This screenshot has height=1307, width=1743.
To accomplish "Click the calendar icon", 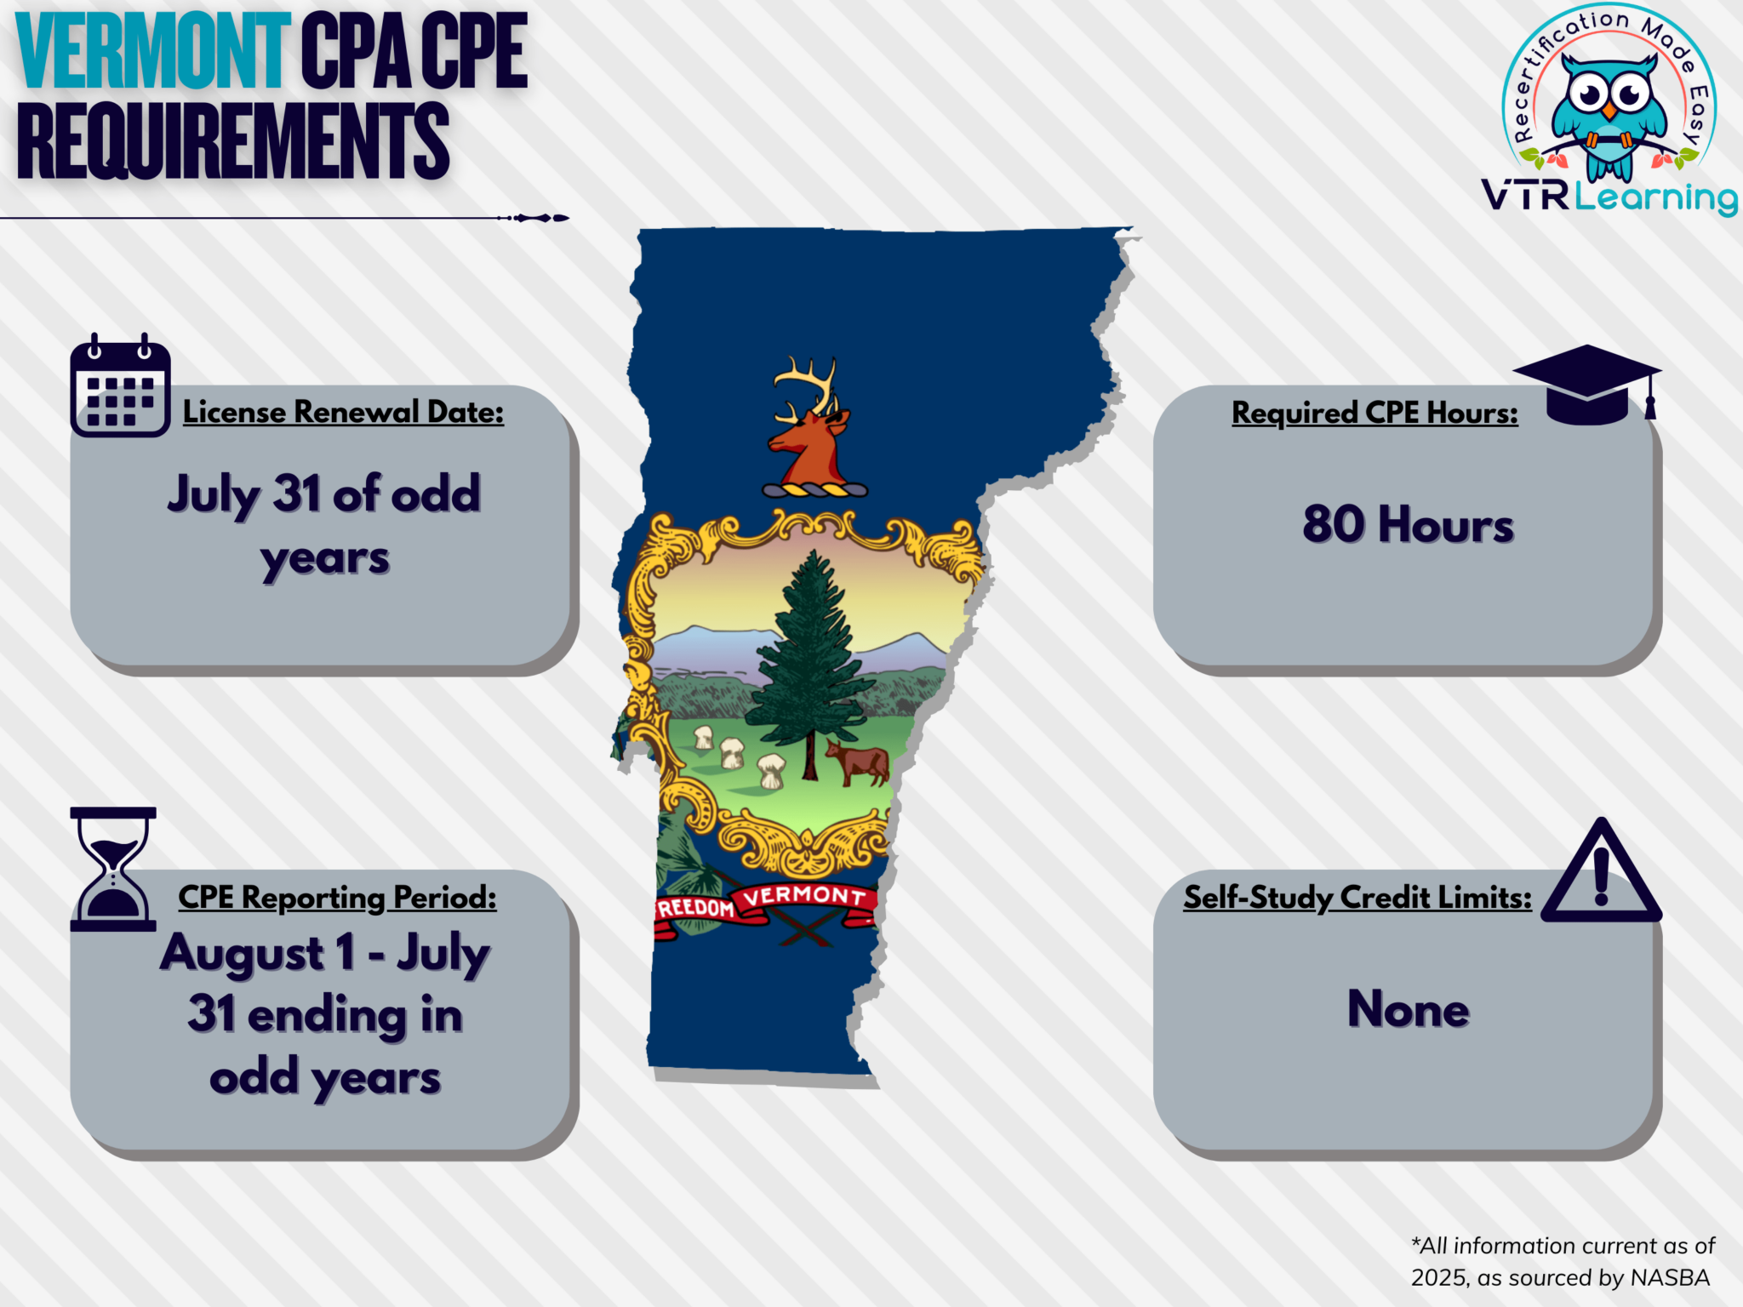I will [120, 387].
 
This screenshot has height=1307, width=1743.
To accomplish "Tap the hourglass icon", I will [113, 869].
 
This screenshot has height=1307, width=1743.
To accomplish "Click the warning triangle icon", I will [1601, 875].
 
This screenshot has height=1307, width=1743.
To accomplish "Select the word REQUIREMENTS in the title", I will [232, 140].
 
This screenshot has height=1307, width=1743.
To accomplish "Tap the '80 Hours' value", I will [1408, 524].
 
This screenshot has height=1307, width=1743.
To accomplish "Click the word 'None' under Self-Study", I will [1408, 1009].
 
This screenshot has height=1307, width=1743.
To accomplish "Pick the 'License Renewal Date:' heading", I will [343, 413].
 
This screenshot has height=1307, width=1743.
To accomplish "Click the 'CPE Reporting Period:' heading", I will [337, 898].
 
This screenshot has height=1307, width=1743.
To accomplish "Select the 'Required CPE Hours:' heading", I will [1374, 414].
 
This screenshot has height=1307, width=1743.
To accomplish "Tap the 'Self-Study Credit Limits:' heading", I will [1357, 898].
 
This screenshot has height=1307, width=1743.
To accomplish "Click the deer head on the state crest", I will [809, 434].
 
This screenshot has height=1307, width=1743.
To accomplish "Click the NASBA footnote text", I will [1563, 1261].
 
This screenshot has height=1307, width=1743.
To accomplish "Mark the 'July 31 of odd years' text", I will [324, 525].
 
